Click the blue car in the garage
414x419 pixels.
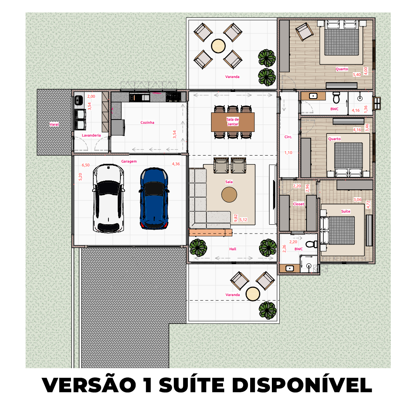(x=154, y=198)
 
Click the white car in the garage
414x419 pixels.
(x=108, y=198)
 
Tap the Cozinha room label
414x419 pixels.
(x=147, y=123)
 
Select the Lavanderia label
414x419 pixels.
(x=91, y=135)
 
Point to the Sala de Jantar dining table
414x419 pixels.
(x=233, y=122)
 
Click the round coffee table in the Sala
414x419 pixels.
(x=229, y=195)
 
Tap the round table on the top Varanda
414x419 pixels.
(x=218, y=46)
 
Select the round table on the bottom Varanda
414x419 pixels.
(x=253, y=294)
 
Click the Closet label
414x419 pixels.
(x=299, y=204)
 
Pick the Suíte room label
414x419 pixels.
(x=345, y=211)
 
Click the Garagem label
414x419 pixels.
(x=129, y=161)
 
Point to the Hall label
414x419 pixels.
(x=232, y=249)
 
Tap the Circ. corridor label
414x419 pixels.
(x=288, y=137)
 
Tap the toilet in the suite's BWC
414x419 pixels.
(x=311, y=244)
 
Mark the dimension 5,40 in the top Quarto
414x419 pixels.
(x=356, y=74)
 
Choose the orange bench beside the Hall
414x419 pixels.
(x=210, y=232)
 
